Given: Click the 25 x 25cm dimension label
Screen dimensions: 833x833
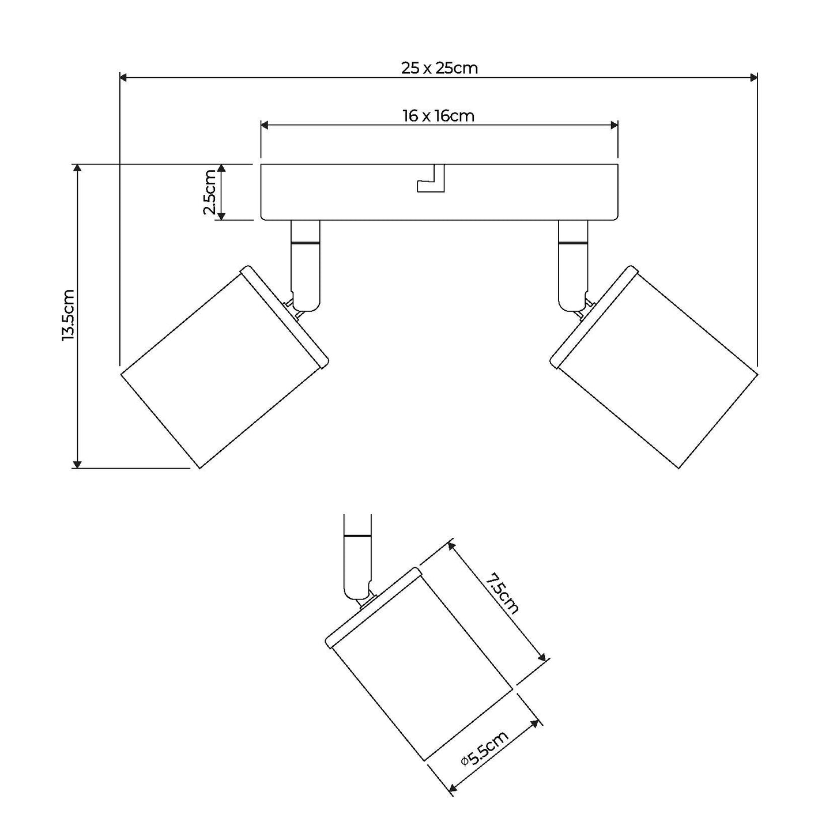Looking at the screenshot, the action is tap(439, 68).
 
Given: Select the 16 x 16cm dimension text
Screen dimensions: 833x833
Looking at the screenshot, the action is tap(438, 116).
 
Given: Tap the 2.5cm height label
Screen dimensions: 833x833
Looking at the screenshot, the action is tap(210, 192).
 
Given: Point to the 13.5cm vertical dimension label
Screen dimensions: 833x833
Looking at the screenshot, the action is tap(68, 315).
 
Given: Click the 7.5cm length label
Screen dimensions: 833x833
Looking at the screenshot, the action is tap(502, 594).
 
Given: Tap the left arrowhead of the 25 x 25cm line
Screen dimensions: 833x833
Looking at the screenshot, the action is tap(123, 78).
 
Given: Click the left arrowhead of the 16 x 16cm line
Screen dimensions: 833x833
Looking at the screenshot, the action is tap(265, 125).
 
